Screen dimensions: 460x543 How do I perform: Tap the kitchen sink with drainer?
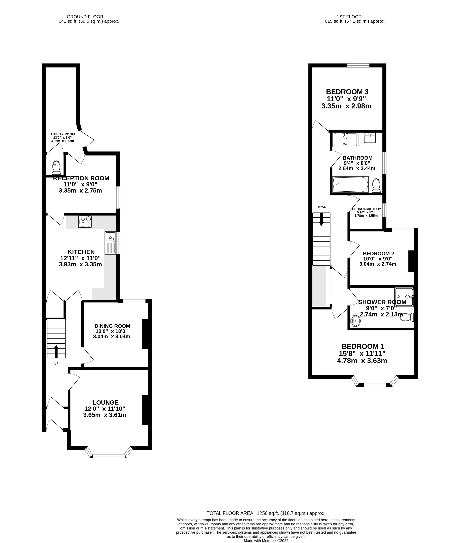coord(110,243)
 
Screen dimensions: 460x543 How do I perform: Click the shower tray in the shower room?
coord(404,297)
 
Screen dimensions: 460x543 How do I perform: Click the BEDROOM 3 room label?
coord(347,92)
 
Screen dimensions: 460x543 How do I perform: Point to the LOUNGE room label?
coord(105,402)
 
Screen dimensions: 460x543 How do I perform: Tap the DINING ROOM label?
coord(112,326)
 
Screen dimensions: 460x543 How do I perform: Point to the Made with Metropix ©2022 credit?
coord(266,541)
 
